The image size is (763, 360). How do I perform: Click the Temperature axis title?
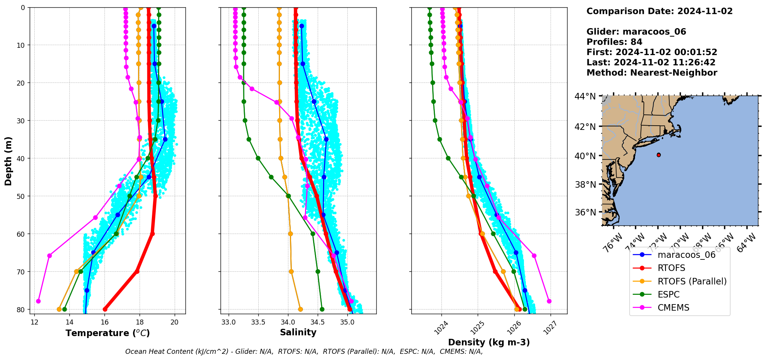tap(108, 333)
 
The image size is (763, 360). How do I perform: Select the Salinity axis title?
tap(298, 332)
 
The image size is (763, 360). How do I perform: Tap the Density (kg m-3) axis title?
tap(489, 342)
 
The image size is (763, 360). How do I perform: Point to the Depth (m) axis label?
tap(8, 161)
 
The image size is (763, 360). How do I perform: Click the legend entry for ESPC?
tap(669, 294)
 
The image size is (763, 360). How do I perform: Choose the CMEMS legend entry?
tap(673, 308)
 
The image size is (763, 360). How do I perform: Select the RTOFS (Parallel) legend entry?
tap(692, 281)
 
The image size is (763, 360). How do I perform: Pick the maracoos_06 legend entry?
tap(686, 255)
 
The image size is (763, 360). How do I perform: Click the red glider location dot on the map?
tap(659, 155)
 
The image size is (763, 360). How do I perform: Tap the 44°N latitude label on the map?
tap(585, 96)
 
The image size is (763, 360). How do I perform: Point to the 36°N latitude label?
tap(585, 212)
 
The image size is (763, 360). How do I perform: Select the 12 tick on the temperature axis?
tap(34, 322)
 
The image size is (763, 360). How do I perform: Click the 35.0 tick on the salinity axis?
tap(347, 322)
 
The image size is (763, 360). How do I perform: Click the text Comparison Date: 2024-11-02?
tap(659, 11)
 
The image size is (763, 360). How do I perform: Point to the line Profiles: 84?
tap(614, 42)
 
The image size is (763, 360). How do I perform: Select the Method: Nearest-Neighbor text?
tap(652, 73)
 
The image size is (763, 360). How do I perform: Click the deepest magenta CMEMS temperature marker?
tap(38, 301)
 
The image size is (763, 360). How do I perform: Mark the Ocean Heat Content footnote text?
tap(304, 352)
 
